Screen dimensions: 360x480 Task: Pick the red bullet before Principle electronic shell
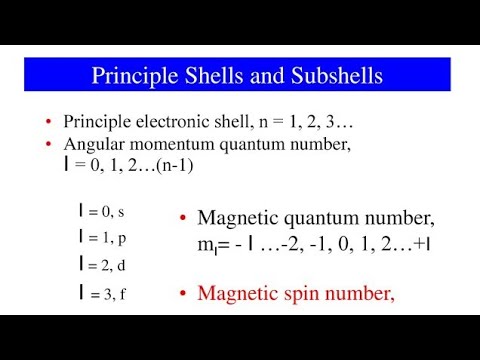(49, 123)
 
